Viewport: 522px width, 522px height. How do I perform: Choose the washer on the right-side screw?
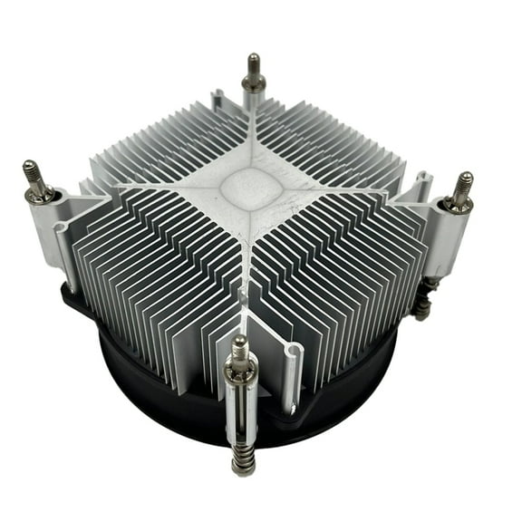click(x=456, y=205)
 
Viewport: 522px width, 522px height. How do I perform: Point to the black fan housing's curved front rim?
click(x=181, y=426)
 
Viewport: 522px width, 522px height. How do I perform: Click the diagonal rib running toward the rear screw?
click(x=254, y=136)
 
